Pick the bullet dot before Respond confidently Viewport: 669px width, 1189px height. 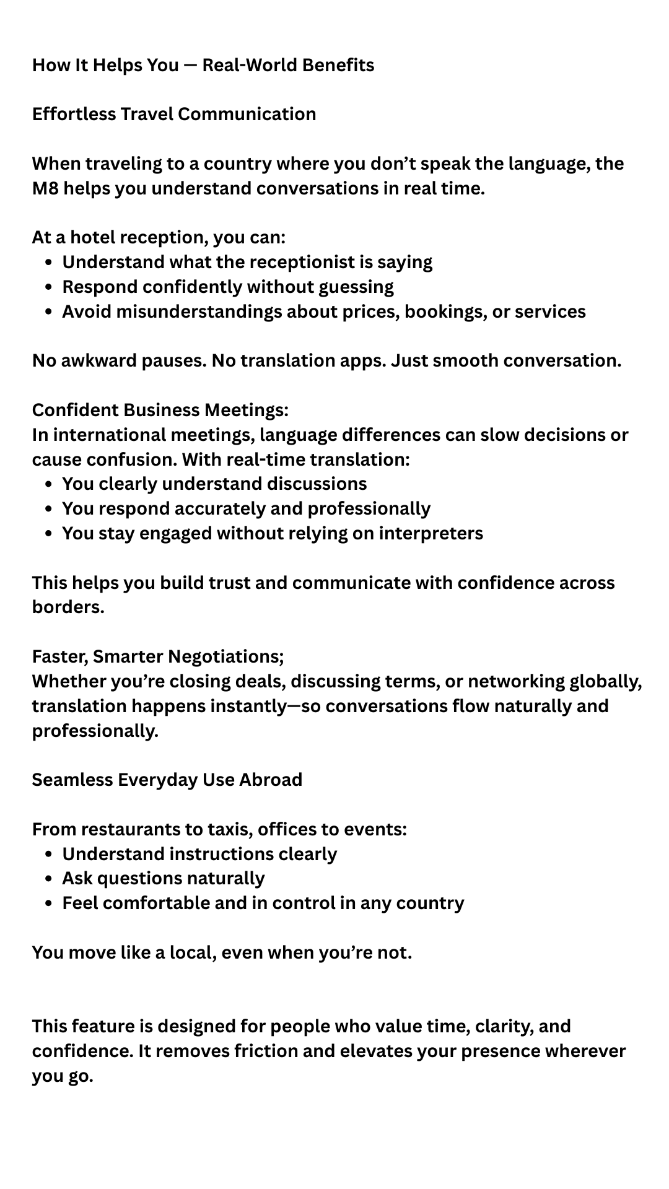[49, 287]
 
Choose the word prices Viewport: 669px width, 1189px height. [370, 311]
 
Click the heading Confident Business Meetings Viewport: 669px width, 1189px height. [160, 410]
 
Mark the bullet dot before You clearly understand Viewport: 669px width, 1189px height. [49, 484]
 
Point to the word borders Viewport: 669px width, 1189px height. [68, 607]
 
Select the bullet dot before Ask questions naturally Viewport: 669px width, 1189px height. [49, 879]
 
